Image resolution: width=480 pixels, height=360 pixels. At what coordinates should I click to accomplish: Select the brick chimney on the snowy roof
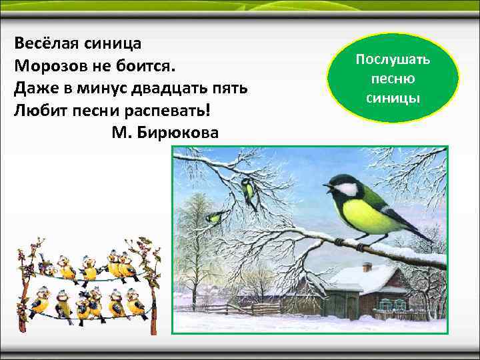(x=367, y=267)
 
